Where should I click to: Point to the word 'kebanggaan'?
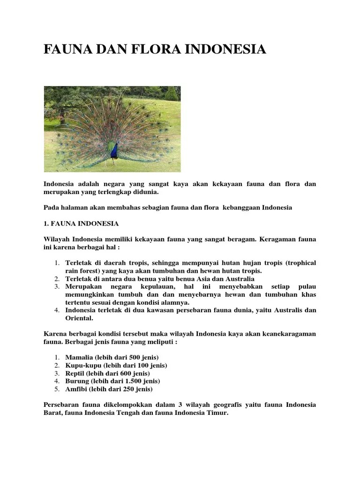240,207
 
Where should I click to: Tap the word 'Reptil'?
75,373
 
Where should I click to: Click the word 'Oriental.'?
79,318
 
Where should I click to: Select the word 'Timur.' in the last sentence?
217,413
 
